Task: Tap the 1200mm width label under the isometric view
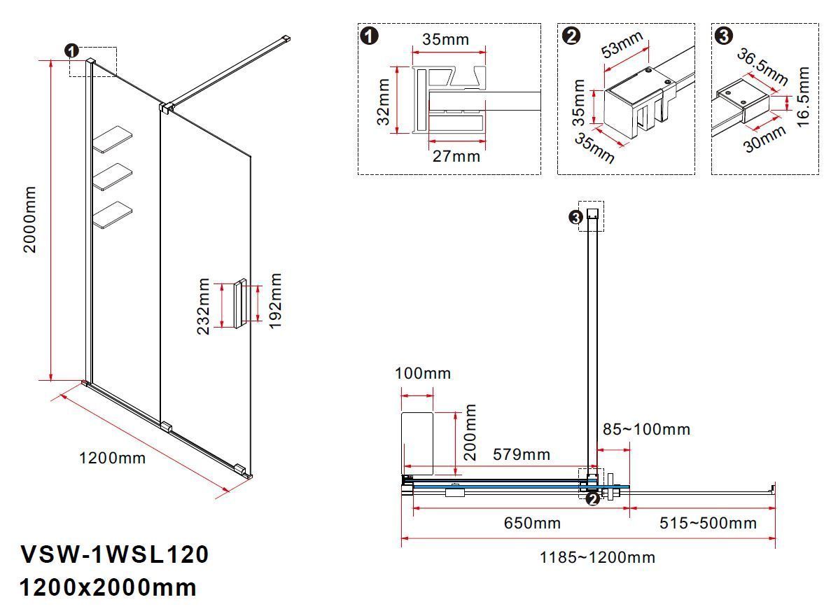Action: click(x=112, y=458)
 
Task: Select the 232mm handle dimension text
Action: click(x=204, y=306)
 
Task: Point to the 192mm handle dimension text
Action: click(x=275, y=302)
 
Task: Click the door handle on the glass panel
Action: click(x=240, y=303)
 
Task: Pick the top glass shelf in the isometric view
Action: click(x=113, y=139)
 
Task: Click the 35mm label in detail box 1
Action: click(x=445, y=39)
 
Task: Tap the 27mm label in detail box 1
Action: click(x=456, y=156)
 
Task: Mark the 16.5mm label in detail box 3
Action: click(x=803, y=96)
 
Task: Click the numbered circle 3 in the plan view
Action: click(x=575, y=218)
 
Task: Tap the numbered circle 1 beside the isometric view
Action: click(x=71, y=50)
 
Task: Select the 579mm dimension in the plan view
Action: click(x=521, y=454)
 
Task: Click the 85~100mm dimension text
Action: click(x=647, y=429)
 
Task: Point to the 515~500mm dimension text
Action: click(x=707, y=523)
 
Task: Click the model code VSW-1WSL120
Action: click(x=115, y=554)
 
